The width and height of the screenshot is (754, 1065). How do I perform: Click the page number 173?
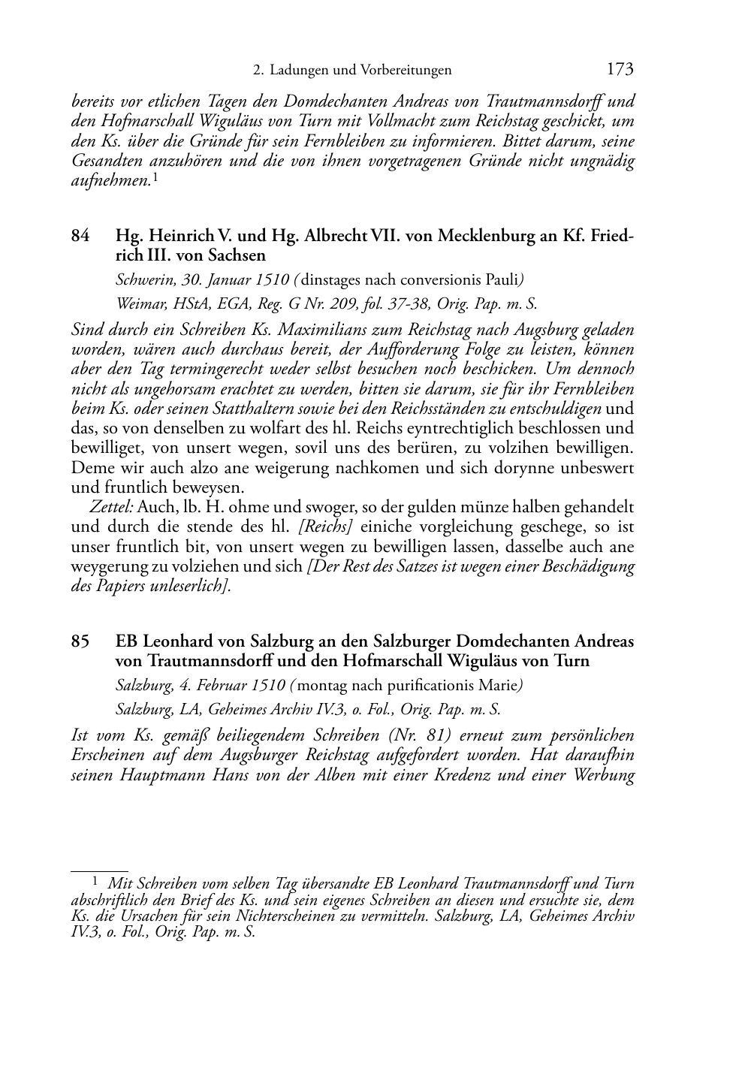(620, 70)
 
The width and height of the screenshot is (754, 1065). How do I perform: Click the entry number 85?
(81, 641)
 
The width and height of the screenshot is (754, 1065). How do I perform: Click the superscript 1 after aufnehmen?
(155, 177)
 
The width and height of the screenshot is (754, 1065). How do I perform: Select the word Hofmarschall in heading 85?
(393, 661)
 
